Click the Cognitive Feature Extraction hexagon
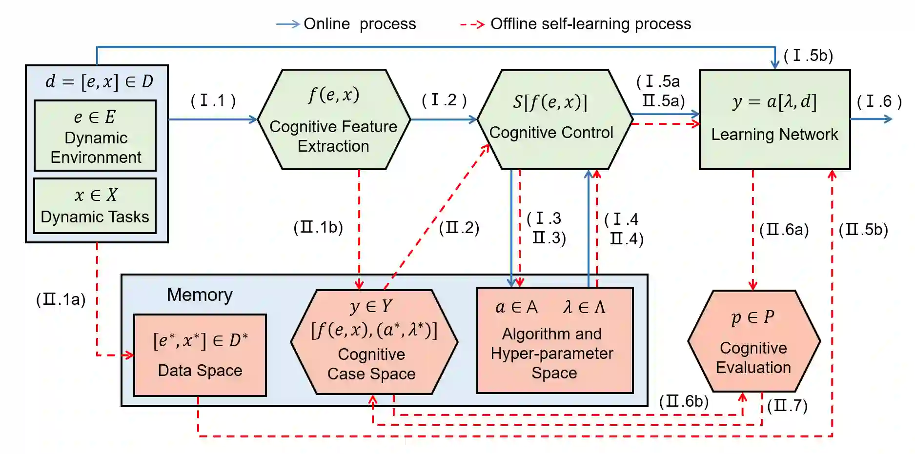(x=334, y=120)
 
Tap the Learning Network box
(x=774, y=120)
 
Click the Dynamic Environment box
(x=95, y=136)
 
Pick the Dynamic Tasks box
(x=95, y=206)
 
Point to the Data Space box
(x=200, y=355)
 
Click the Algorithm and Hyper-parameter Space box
(x=555, y=340)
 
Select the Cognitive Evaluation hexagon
(x=753, y=341)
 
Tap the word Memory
(x=200, y=295)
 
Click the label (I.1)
(x=213, y=100)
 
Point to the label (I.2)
(x=444, y=100)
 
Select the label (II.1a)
(x=61, y=299)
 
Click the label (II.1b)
(x=318, y=227)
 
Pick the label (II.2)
(x=459, y=228)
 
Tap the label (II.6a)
(x=784, y=230)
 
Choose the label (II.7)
(x=787, y=405)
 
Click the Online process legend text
(x=360, y=24)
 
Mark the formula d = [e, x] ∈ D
(x=99, y=81)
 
